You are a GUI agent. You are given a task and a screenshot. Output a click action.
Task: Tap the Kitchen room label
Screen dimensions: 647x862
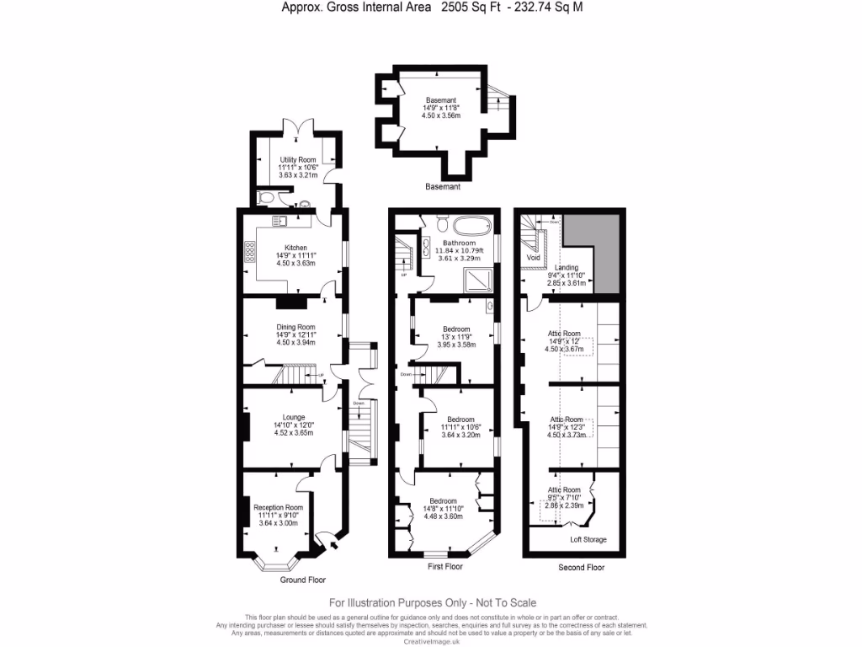point(295,248)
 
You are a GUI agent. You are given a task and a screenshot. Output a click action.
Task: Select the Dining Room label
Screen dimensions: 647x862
point(295,327)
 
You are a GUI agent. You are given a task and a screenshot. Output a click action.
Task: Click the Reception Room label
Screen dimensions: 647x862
point(277,507)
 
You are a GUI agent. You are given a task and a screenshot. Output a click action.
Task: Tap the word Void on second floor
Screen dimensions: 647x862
point(532,257)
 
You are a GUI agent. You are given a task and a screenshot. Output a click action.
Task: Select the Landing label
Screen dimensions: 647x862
point(566,268)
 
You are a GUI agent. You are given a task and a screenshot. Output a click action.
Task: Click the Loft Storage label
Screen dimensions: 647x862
point(588,539)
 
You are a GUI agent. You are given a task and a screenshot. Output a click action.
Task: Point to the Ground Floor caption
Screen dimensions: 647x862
point(302,580)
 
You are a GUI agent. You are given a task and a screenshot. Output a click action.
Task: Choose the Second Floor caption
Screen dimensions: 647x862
point(581,568)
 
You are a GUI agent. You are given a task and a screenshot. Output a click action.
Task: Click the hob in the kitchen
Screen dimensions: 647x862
point(251,252)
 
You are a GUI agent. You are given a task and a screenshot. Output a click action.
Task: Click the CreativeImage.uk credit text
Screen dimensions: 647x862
point(432,641)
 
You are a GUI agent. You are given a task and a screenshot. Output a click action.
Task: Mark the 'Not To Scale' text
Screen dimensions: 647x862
point(502,602)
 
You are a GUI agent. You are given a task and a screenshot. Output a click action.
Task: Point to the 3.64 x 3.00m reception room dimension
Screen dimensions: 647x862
point(277,523)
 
